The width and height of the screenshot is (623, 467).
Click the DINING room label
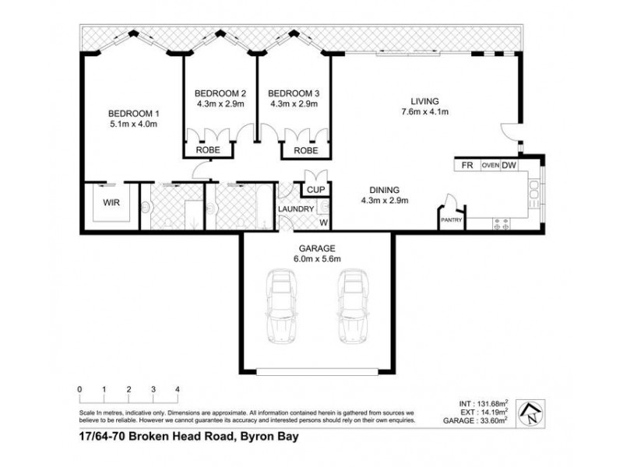(x=384, y=189)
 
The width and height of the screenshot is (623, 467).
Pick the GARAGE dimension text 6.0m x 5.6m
(x=314, y=259)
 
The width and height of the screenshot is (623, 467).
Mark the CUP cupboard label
(x=315, y=189)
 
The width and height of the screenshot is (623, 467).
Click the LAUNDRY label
(x=297, y=209)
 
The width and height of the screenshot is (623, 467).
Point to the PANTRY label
(x=452, y=220)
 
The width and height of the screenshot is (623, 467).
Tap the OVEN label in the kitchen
(x=490, y=166)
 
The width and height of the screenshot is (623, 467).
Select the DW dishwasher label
(x=509, y=166)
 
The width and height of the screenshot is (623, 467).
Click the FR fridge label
(x=467, y=166)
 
